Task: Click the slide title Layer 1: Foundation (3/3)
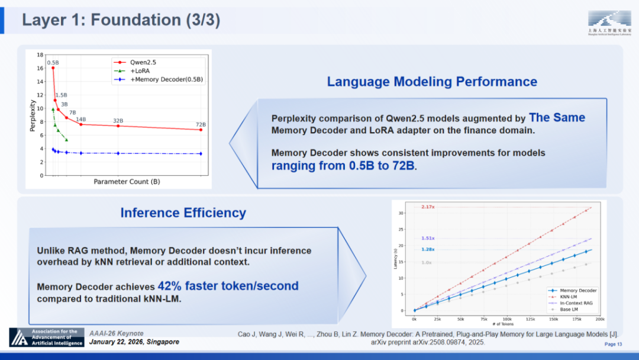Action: click(x=121, y=20)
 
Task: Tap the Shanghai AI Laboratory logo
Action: click(x=604, y=22)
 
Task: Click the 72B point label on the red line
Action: click(x=201, y=124)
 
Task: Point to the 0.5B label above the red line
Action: click(x=53, y=62)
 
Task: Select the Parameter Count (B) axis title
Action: click(x=127, y=182)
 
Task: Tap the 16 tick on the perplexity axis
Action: click(x=40, y=68)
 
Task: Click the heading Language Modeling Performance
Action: click(x=432, y=82)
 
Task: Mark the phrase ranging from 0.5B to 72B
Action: click(x=344, y=166)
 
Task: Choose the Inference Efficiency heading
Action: click(x=183, y=213)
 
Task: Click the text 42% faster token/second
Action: click(x=228, y=286)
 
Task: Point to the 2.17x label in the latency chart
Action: click(x=428, y=207)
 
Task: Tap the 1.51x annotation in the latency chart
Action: click(x=428, y=238)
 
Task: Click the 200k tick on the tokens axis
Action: click(x=599, y=319)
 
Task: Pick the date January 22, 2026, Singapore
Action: click(x=134, y=342)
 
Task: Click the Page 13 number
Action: click(x=612, y=344)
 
